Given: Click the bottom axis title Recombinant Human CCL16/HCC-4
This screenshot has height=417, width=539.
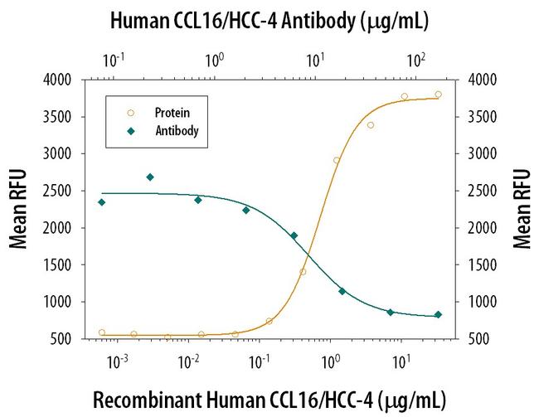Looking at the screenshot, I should pos(269,399).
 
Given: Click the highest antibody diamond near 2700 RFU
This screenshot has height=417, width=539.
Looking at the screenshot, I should pos(150,177).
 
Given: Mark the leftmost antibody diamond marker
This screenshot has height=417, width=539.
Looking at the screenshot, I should pos(101,202).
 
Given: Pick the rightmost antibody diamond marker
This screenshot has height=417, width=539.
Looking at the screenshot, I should pos(439,314).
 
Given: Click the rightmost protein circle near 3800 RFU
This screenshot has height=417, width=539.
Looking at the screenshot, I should pos(438,95).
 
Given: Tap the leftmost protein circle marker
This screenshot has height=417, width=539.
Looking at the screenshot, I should pos(102,332).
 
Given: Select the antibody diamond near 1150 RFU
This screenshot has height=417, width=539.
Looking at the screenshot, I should pos(342,291).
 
